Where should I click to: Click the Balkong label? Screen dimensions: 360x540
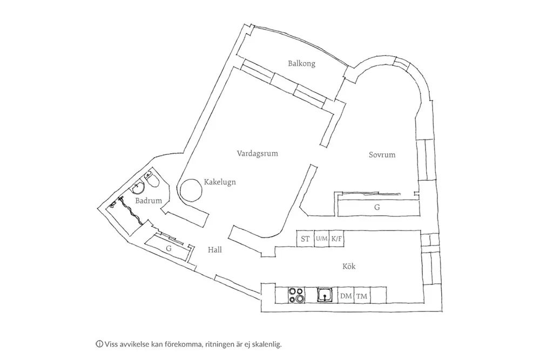tap(301, 64)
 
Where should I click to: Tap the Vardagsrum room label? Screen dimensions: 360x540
tap(257, 153)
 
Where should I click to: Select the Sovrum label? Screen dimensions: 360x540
tap(382, 155)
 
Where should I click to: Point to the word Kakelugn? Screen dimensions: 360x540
tap(220, 182)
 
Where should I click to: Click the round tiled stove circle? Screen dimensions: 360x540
tap(191, 190)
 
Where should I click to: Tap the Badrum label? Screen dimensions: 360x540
tap(148, 201)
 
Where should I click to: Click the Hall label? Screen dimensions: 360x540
tap(215, 250)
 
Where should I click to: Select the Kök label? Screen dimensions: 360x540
tap(349, 266)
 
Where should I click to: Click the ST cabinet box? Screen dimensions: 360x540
tap(305, 239)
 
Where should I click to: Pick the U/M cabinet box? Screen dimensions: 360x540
tap(322, 239)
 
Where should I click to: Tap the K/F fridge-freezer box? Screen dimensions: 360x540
tap(337, 239)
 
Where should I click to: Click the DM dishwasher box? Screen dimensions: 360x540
tap(346, 296)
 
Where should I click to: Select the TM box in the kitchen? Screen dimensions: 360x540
tap(362, 296)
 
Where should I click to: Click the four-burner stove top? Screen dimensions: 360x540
tap(296, 295)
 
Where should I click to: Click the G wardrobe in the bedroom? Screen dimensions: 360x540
tap(377, 207)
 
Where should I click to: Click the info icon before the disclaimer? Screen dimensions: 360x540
tap(99, 343)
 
